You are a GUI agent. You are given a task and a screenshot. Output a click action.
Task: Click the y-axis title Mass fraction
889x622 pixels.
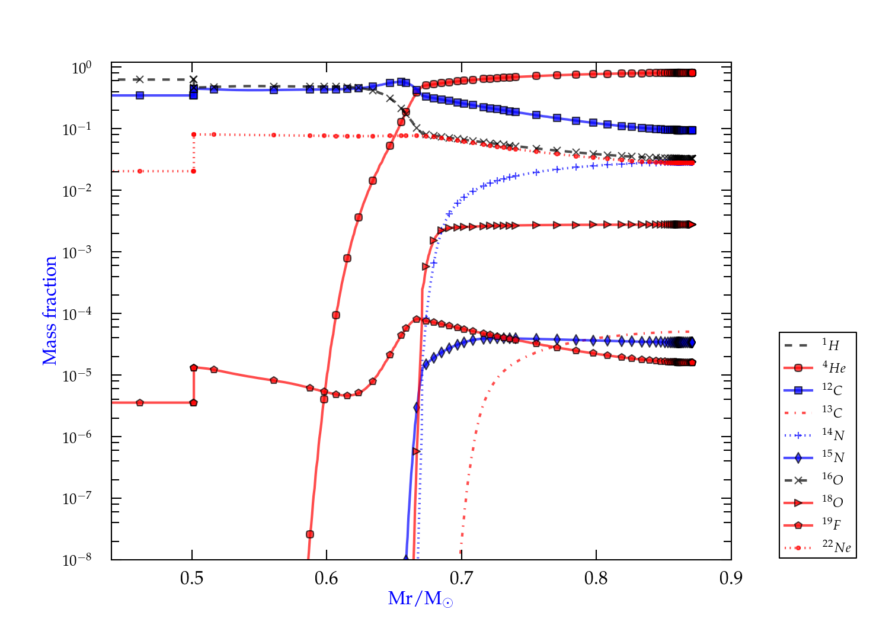tap(50, 310)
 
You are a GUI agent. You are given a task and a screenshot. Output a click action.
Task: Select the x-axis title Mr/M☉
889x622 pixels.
tap(420, 599)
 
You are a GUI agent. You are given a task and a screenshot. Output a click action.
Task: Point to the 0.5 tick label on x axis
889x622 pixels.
tap(191, 578)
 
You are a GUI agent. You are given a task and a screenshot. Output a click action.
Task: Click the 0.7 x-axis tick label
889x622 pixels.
tap(461, 578)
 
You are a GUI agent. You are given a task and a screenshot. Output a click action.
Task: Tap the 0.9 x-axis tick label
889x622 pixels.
tap(731, 578)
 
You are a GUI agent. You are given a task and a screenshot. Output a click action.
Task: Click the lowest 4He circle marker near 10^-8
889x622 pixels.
tap(309, 534)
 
